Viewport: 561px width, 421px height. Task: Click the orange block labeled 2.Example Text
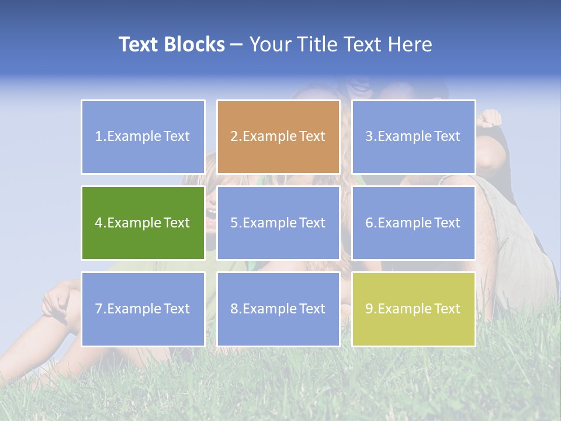click(x=278, y=137)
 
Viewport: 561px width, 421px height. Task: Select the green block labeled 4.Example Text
click(x=143, y=223)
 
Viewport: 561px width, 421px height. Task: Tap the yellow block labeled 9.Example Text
click(x=413, y=309)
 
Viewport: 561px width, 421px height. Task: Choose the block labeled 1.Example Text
click(x=143, y=137)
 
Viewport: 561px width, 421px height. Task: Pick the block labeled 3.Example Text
click(x=413, y=137)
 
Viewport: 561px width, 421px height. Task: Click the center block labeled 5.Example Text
click(x=278, y=223)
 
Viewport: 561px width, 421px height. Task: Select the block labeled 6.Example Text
click(x=413, y=223)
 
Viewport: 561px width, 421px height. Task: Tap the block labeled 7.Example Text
click(x=143, y=309)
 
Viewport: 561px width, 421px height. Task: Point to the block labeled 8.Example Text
click(x=278, y=309)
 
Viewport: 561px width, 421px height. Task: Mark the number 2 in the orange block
click(x=234, y=137)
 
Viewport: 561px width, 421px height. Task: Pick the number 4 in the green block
click(x=99, y=223)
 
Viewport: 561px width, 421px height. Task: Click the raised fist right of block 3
click(x=490, y=118)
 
